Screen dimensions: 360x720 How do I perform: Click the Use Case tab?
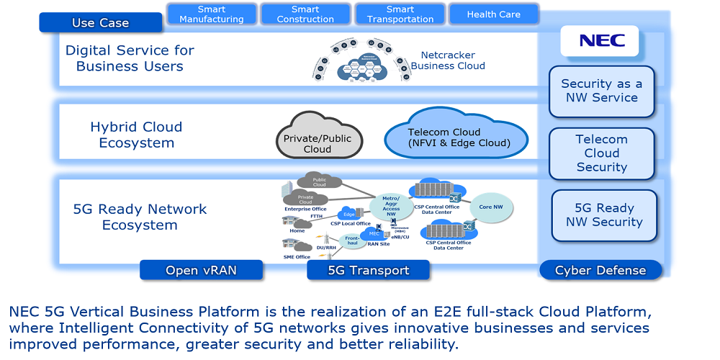[100, 23]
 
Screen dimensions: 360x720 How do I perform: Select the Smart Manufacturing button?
[211, 14]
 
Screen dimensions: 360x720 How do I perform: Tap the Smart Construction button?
[305, 14]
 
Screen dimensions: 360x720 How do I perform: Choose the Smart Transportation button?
[400, 14]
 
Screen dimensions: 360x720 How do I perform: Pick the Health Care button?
[493, 14]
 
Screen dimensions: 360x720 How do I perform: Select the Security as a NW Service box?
[601, 91]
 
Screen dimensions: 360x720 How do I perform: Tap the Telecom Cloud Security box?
[601, 153]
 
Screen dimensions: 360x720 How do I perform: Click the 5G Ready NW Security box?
[604, 215]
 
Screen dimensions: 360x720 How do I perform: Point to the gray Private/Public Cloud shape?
[317, 137]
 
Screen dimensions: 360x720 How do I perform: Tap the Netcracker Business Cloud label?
[448, 60]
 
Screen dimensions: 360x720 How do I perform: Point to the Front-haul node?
[352, 240]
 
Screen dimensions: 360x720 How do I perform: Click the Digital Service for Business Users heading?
[130, 58]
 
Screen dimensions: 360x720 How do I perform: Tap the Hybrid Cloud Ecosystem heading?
[136, 135]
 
